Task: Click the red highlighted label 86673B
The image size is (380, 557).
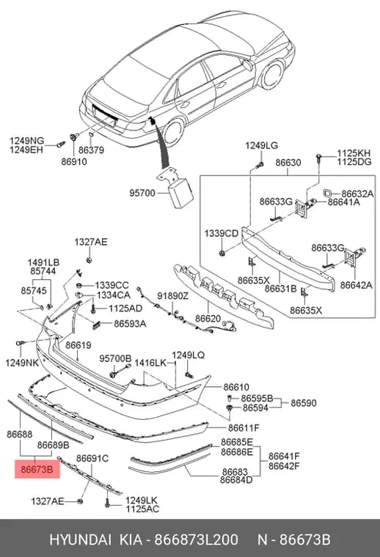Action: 37,469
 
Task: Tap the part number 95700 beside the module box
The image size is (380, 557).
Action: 142,193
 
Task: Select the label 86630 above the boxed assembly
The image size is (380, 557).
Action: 288,163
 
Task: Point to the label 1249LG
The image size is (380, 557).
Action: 261,146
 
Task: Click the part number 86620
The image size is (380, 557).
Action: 208,319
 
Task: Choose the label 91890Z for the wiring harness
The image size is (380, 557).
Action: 173,296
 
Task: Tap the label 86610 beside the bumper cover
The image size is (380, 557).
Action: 236,387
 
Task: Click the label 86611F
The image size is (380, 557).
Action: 244,428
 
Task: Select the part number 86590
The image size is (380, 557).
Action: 304,403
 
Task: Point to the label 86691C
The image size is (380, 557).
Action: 92,459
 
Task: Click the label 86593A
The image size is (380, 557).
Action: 130,324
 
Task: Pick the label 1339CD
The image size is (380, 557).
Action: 221,234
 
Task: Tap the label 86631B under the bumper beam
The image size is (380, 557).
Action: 280,289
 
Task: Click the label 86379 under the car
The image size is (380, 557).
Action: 92,150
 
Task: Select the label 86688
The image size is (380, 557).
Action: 20,434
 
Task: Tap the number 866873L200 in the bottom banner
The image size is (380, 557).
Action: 196,539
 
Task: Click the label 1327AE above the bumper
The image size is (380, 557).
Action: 91,243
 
